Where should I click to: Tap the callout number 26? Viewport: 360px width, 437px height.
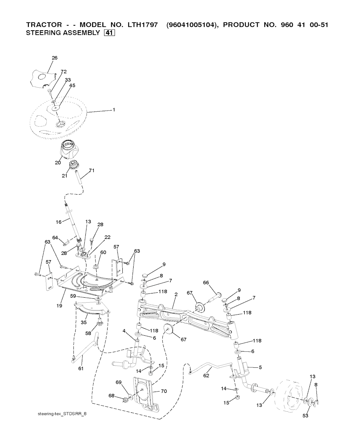pos(54,58)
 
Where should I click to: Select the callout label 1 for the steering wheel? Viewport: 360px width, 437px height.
pos(114,110)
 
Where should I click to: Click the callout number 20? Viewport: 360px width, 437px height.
pos(58,163)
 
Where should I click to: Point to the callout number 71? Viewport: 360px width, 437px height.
pos(92,171)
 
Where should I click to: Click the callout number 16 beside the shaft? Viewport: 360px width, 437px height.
pos(59,222)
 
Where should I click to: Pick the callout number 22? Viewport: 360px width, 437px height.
pos(107,237)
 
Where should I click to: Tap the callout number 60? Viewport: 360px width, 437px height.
pos(103,252)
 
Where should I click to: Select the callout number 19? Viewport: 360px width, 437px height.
pos(59,305)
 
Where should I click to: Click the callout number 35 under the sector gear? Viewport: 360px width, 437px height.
pos(84,323)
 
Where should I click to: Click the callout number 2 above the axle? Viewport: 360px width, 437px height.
pos(176,294)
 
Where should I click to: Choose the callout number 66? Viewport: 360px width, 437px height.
pos(206,283)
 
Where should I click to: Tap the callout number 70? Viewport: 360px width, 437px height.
pos(164,391)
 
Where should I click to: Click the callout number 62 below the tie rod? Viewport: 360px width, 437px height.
pos(206,375)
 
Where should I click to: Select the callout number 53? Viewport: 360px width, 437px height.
pos(306,416)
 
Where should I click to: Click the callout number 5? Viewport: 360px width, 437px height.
pos(260,367)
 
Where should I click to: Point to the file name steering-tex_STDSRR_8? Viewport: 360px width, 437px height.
pos(62,414)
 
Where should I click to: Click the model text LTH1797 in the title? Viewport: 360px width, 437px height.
pos(142,25)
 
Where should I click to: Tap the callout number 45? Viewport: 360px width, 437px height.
pos(72,85)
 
